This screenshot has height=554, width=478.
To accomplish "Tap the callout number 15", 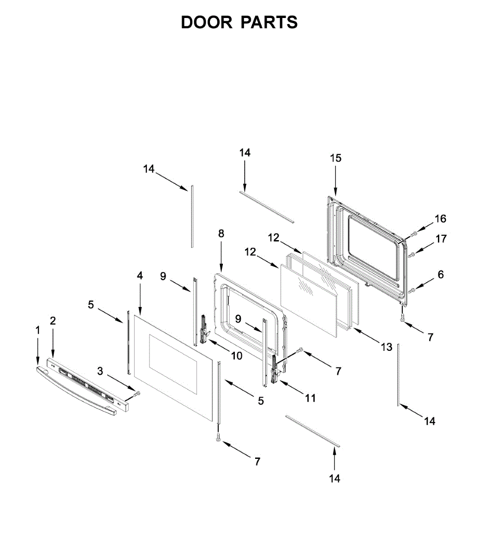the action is point(335,158).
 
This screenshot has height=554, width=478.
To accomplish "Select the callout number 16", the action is point(440,219).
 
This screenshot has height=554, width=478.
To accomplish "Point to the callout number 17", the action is point(441,239).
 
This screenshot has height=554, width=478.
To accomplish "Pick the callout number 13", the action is point(386,347).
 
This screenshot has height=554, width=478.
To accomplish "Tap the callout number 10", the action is point(236,355).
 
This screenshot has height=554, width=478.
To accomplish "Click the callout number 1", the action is point(38,330).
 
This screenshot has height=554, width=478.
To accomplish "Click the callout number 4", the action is point(139,276).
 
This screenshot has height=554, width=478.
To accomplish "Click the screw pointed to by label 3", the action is point(137,393).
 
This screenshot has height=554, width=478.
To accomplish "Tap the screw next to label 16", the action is point(413,234).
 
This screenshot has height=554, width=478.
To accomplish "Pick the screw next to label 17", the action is point(412,253).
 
